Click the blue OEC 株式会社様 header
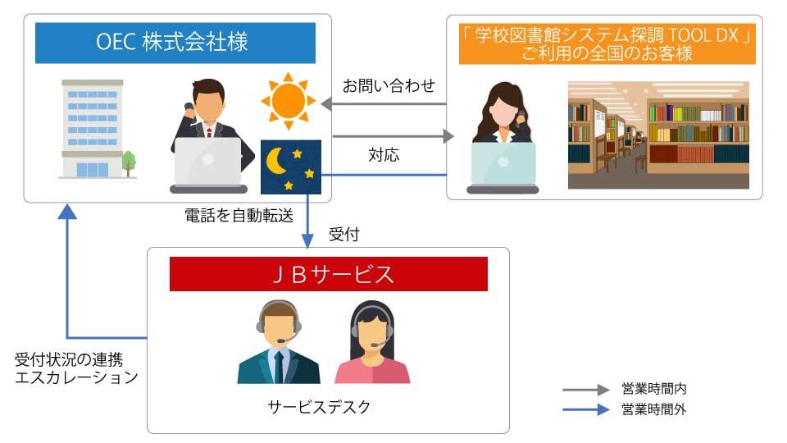[x=175, y=43]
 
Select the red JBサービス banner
[x=328, y=274]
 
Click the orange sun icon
[x=288, y=101]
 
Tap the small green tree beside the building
[x=129, y=162]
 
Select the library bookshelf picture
[x=658, y=135]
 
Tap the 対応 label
[x=384, y=153]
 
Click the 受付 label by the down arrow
[x=343, y=235]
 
